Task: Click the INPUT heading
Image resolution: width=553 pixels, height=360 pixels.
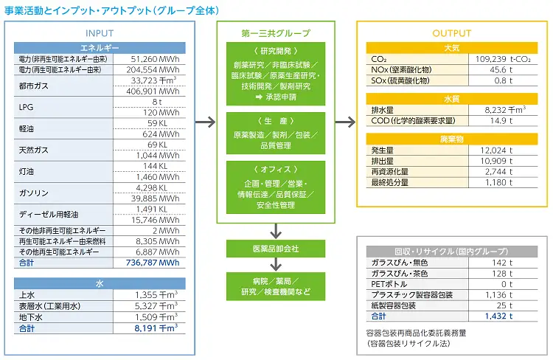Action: (100, 33)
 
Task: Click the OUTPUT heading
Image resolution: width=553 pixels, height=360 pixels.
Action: (452, 33)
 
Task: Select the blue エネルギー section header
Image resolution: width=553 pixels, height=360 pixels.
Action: (100, 48)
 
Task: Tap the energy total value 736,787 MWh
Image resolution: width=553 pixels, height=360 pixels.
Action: (153, 263)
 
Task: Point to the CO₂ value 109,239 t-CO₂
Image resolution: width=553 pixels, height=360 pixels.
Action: (503, 59)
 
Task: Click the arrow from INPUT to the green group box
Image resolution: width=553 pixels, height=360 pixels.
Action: (205, 122)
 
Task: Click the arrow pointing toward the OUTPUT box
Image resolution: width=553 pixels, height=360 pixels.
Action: (345, 122)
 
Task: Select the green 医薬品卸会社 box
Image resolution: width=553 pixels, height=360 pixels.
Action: (276, 249)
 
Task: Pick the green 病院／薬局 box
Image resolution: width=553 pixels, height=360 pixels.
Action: (276, 286)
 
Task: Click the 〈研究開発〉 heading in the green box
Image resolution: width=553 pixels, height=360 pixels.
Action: (276, 51)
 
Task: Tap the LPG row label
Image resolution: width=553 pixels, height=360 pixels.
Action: (26, 107)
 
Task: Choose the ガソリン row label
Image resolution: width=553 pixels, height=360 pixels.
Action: (33, 193)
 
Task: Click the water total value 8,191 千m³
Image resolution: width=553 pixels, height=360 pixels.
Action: (156, 328)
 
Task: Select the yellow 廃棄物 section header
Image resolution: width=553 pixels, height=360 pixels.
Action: (452, 139)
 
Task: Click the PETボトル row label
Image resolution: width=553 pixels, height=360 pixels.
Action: (389, 284)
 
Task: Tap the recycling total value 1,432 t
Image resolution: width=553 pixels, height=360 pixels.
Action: (498, 316)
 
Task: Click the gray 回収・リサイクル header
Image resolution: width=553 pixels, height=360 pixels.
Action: (452, 252)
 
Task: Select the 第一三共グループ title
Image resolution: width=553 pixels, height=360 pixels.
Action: (276, 33)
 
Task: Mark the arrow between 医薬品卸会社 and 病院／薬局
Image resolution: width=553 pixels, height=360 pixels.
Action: (276, 264)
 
